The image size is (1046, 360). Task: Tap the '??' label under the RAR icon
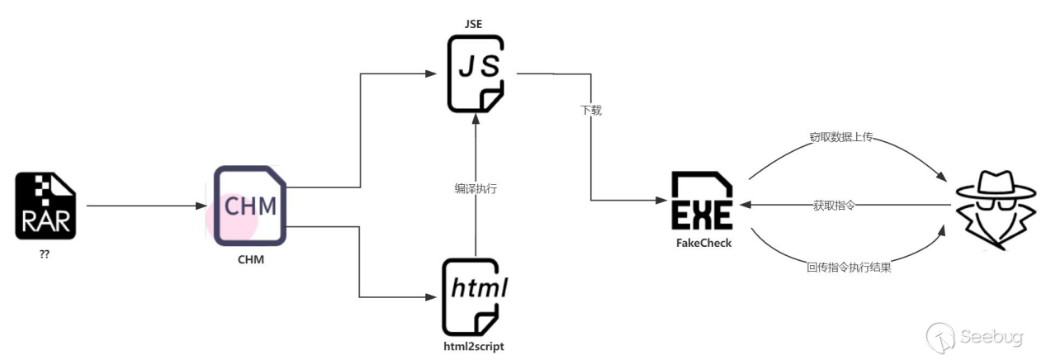[x=45, y=254]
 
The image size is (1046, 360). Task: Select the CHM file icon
[x=249, y=206]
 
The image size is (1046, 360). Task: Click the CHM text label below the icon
[x=249, y=260]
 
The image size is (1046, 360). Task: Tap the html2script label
[x=474, y=347]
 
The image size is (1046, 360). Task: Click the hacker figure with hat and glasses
[x=989, y=210]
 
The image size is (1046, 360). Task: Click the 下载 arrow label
[x=591, y=110]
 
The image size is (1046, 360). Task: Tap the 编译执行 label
[x=476, y=189]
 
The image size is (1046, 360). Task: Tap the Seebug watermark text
[x=991, y=337]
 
